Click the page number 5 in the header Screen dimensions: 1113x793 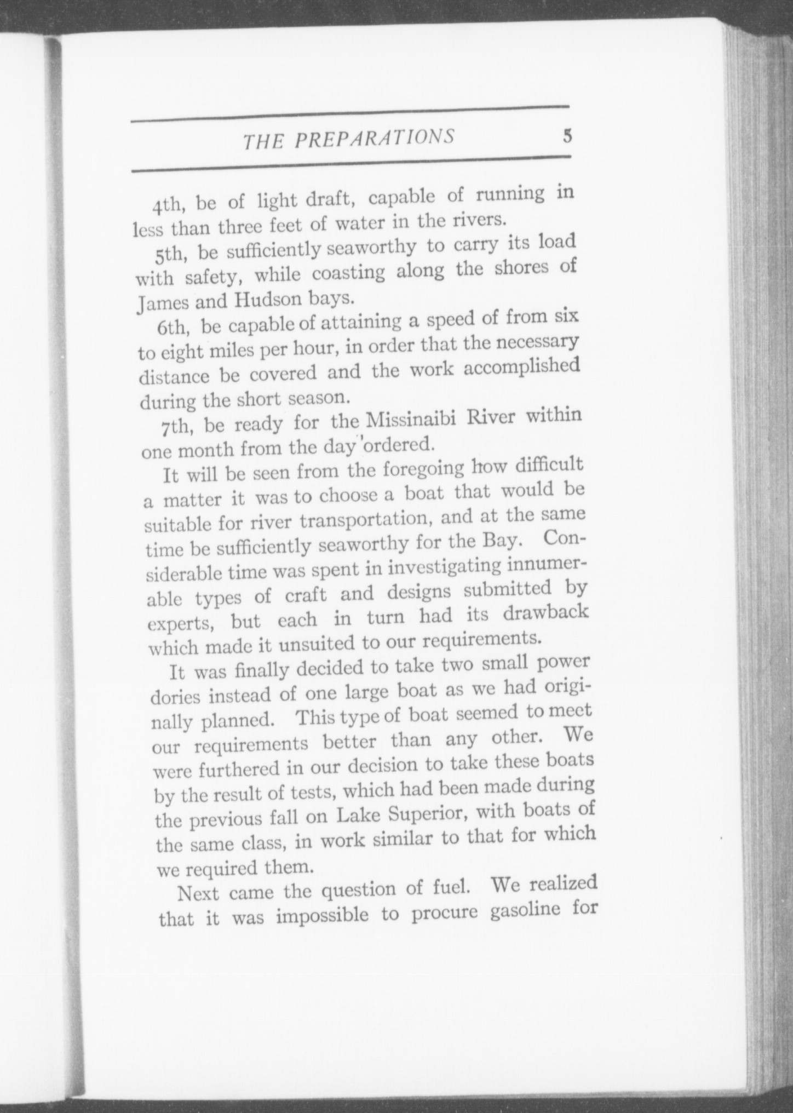pos(567,136)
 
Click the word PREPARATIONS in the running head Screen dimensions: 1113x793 pos(375,139)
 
